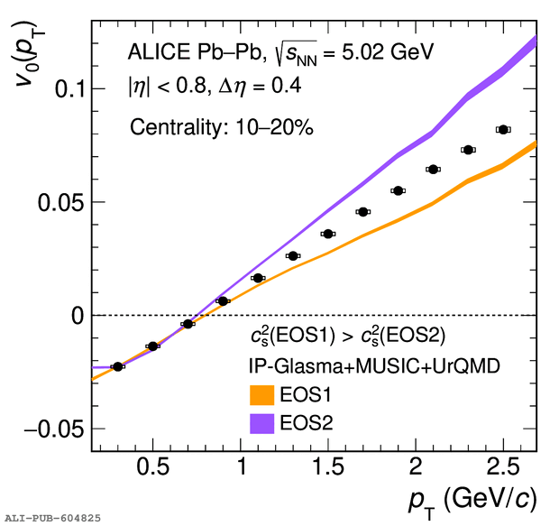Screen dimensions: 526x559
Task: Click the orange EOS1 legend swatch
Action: pyautogui.click(x=261, y=396)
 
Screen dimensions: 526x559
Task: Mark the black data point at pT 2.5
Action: pyautogui.click(x=503, y=130)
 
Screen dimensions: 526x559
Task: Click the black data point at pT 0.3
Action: pyautogui.click(x=118, y=366)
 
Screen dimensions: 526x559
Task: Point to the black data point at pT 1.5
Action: pyautogui.click(x=328, y=234)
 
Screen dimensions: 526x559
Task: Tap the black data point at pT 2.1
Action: pyautogui.click(x=433, y=169)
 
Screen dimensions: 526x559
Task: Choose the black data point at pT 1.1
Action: pyautogui.click(x=258, y=278)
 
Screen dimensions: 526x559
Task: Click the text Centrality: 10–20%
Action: pyautogui.click(x=220, y=127)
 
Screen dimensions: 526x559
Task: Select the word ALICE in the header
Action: pyautogui.click(x=157, y=53)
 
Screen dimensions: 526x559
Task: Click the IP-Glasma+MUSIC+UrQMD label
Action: pyautogui.click(x=374, y=366)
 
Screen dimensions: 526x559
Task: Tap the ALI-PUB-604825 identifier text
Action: pyautogui.click(x=53, y=519)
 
